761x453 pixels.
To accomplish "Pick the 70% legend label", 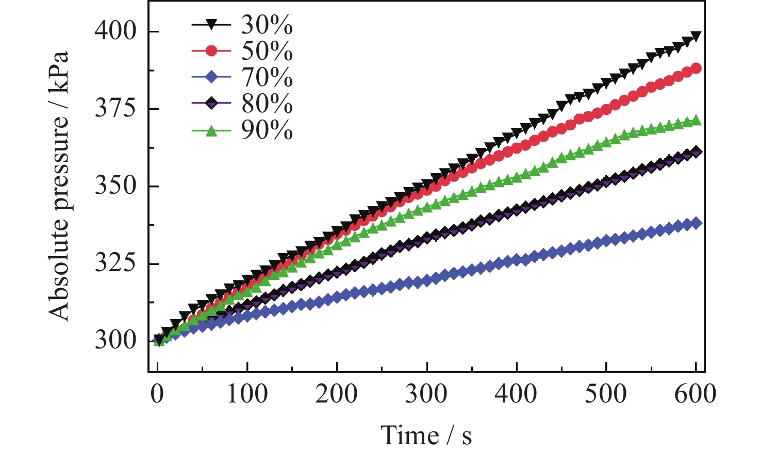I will click(x=267, y=78).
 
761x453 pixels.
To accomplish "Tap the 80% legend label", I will click(x=267, y=105).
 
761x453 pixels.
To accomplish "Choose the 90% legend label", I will click(x=267, y=131).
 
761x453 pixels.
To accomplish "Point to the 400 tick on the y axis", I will click(x=116, y=32).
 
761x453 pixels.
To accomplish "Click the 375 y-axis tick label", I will click(x=116, y=109).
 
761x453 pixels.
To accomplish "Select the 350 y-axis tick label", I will click(x=116, y=187).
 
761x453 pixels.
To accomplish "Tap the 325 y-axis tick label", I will click(x=116, y=264).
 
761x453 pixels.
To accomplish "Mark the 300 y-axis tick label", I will click(x=116, y=341).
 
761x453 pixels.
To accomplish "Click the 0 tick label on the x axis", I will click(x=157, y=394).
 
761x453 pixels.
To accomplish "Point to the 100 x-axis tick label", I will click(x=247, y=394).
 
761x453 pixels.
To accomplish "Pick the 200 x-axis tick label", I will click(x=337, y=394).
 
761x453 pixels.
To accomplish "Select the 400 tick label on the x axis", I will click(x=516, y=394).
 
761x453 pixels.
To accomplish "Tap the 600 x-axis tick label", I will click(x=696, y=394).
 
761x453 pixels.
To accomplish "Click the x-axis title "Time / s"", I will click(x=426, y=435).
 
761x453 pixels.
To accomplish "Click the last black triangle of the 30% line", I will click(x=696, y=36).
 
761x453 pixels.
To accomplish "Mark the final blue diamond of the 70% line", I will click(x=696, y=223).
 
